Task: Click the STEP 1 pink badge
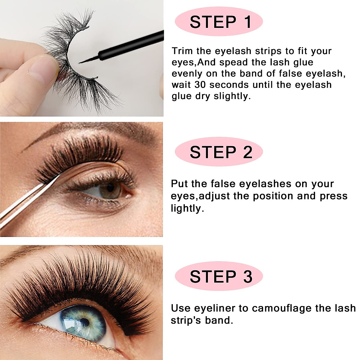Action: point(219,22)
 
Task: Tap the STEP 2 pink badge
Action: point(219,152)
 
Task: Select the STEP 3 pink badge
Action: point(219,276)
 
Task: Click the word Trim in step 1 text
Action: point(182,51)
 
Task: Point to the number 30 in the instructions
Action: point(200,85)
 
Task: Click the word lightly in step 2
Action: point(187,208)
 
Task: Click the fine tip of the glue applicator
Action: point(80,62)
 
